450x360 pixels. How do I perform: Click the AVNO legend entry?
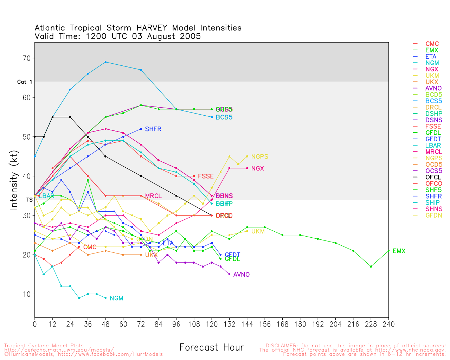pyautogui.click(x=433, y=88)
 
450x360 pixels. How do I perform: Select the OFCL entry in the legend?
pyautogui.click(x=433, y=177)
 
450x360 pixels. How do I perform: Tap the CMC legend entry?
pyautogui.click(x=432, y=44)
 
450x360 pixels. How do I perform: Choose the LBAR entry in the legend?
pyautogui.click(x=433, y=146)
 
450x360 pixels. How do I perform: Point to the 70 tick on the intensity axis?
pyautogui.click(x=27, y=58)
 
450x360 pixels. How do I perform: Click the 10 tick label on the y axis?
pyautogui.click(x=27, y=294)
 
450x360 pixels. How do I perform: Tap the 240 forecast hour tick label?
pyautogui.click(x=388, y=324)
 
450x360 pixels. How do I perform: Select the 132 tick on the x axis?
pyautogui.click(x=229, y=324)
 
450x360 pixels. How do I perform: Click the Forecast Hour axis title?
pyautogui.click(x=211, y=348)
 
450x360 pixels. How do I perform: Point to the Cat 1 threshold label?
pyautogui.click(x=25, y=82)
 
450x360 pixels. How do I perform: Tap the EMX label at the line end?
pyautogui.click(x=399, y=251)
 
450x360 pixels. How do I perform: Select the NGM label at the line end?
pyautogui.click(x=116, y=298)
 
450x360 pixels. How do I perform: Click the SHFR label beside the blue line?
pyautogui.click(x=153, y=129)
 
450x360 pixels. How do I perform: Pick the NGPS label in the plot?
pyautogui.click(x=259, y=157)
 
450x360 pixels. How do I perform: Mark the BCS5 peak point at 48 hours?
pyautogui.click(x=105, y=62)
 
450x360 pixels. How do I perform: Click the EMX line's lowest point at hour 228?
pyautogui.click(x=371, y=266)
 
